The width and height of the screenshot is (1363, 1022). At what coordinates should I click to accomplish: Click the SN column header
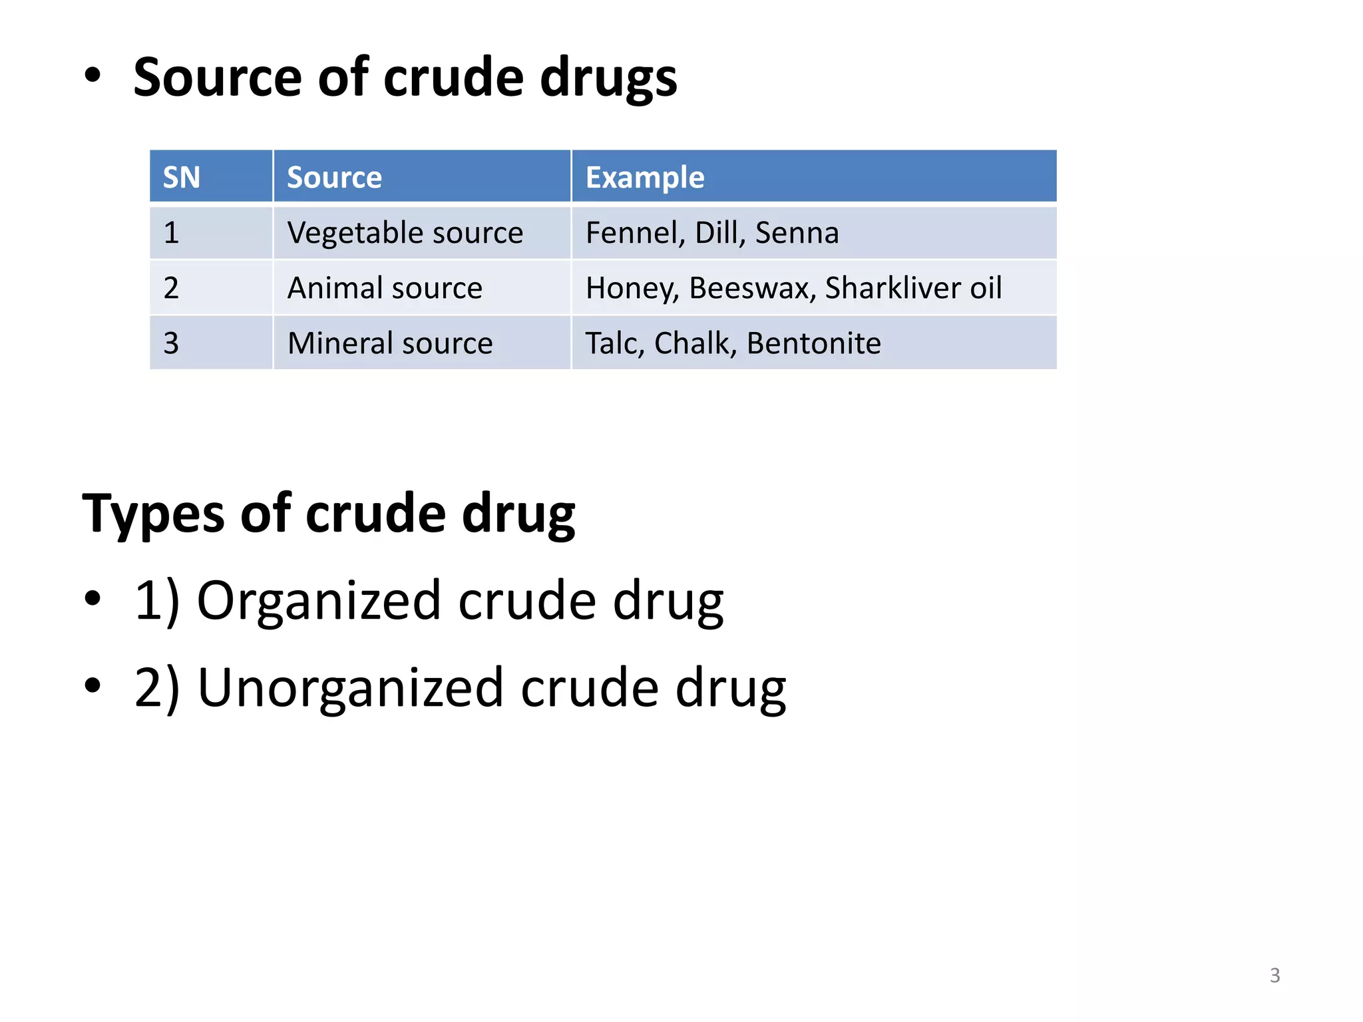click(x=182, y=178)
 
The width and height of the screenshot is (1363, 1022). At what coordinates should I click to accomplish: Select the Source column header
click(x=334, y=178)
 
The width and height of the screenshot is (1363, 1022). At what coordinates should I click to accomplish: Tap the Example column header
click(x=644, y=178)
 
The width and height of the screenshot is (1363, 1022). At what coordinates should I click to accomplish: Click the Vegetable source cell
click(x=405, y=233)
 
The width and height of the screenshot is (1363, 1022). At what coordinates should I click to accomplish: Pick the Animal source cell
click(x=385, y=288)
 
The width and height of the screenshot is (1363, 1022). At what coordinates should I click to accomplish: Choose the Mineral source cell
click(x=390, y=343)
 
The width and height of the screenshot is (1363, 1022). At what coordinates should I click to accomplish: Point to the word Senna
click(x=797, y=233)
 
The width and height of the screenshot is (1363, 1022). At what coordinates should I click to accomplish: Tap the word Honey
click(x=632, y=289)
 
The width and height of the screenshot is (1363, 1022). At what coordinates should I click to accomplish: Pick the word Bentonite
click(x=813, y=343)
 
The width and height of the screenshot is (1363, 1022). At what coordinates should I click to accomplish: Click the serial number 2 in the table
click(x=171, y=288)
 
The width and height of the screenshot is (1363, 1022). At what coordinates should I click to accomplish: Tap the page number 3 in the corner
click(x=1274, y=975)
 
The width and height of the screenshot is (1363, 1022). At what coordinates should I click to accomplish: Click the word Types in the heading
click(x=154, y=514)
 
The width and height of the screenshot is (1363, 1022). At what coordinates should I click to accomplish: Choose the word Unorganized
click(x=351, y=687)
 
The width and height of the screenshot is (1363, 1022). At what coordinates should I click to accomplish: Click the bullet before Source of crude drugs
click(x=93, y=75)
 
